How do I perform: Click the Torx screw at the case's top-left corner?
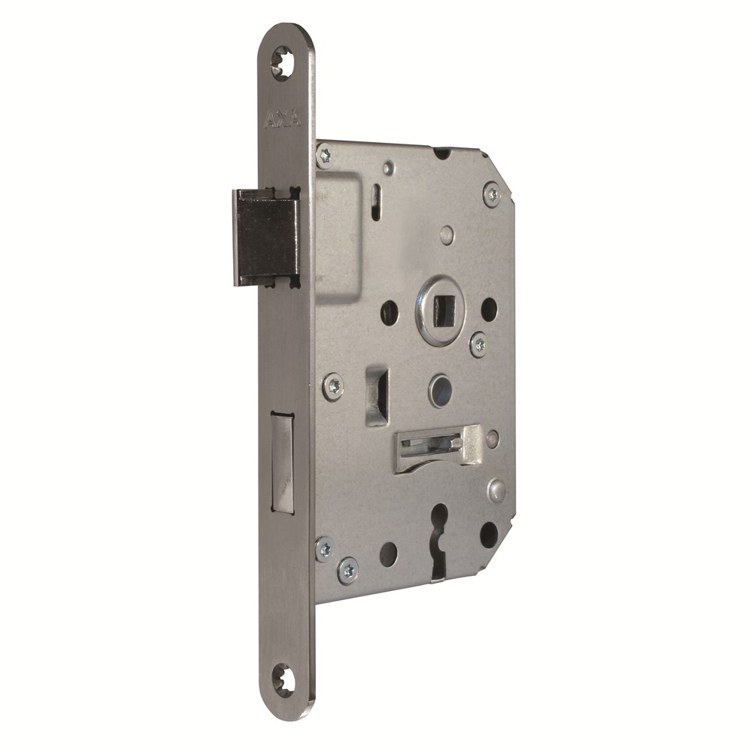pos(326,156)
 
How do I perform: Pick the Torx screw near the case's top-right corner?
pos(492,195)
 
